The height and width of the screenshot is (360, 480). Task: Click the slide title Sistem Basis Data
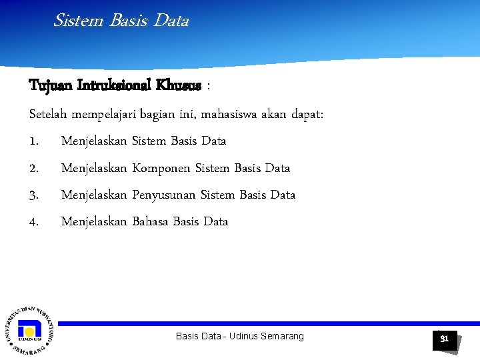point(121,21)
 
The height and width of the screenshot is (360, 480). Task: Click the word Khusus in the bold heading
point(178,86)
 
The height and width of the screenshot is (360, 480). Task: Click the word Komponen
point(161,168)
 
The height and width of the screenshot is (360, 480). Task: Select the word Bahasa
point(150,221)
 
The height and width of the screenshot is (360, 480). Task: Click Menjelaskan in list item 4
point(93,221)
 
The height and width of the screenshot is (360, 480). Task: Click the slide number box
point(444,339)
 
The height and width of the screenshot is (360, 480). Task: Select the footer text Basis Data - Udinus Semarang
point(239,336)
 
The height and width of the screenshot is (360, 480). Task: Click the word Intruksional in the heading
point(115,86)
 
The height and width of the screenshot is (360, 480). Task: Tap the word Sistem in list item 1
point(150,141)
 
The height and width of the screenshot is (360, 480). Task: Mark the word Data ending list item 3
point(283,195)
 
